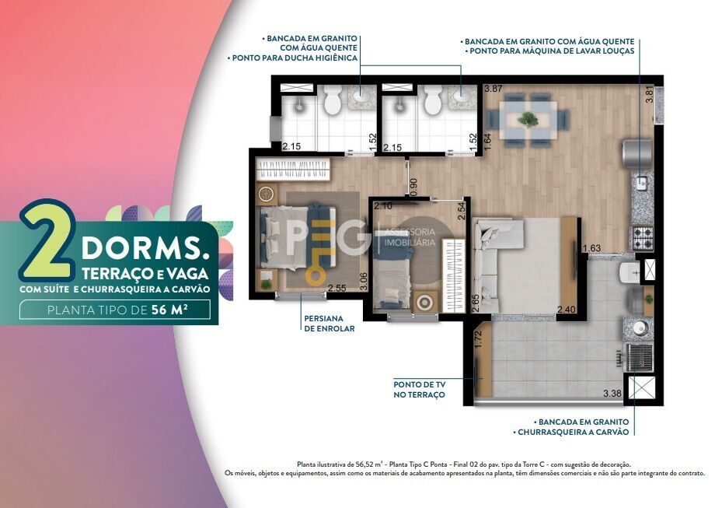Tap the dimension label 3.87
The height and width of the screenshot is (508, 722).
494,89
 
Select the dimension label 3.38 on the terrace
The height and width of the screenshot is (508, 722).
612,393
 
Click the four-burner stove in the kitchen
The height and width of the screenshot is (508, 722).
642,238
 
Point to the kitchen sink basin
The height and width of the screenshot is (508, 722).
640,183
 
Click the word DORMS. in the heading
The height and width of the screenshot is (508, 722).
145,248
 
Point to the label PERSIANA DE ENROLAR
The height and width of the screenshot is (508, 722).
330,323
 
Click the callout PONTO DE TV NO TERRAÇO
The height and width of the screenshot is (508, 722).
419,390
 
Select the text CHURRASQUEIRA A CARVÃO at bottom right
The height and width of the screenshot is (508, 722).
573,432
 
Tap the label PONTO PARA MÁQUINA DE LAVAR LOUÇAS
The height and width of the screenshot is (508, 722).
552,51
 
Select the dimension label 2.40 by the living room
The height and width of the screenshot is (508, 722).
567,310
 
